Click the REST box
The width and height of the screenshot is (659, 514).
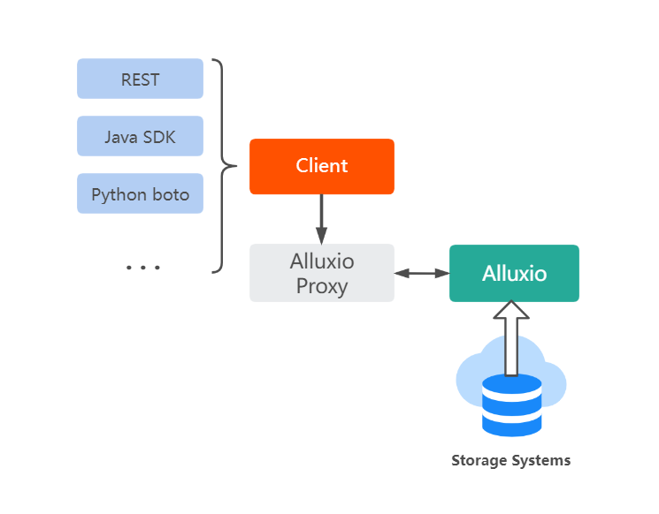tap(140, 79)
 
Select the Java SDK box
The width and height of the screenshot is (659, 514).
tap(140, 136)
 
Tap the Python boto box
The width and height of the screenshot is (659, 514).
tap(140, 193)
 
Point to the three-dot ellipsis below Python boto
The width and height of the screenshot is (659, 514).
tap(142, 267)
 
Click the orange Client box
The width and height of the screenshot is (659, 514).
tap(321, 166)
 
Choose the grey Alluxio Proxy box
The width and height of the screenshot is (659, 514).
tap(321, 273)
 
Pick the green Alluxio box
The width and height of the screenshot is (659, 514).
tap(514, 273)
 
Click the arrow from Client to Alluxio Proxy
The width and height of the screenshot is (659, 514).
tap(321, 218)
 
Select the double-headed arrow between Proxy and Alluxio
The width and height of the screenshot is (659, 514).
tap(422, 274)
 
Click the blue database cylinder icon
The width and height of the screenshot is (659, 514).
tap(511, 404)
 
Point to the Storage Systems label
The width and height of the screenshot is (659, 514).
tap(510, 460)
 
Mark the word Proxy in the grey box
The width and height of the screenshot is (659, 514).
tap(322, 286)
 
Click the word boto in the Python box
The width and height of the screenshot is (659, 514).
tap(171, 193)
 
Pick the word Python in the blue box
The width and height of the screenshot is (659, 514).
tap(119, 193)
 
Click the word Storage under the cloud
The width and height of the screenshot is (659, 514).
tap(480, 460)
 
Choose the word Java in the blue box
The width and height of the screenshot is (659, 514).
tap(120, 136)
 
